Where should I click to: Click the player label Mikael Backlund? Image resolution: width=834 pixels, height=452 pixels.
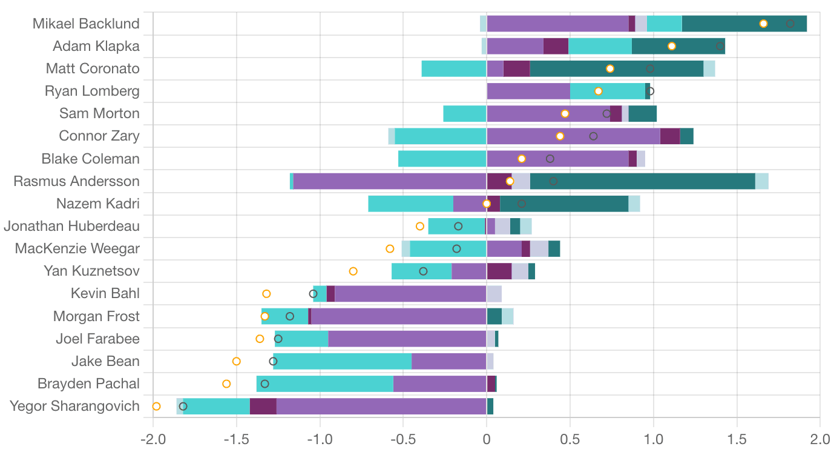point(86,24)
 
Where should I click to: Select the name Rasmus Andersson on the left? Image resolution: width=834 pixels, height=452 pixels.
point(76,181)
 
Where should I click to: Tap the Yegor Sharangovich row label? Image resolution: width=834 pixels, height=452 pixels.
point(74,406)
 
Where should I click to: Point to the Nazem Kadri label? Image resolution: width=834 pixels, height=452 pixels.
point(97,204)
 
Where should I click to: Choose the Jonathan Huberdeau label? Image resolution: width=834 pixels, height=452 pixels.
point(71,227)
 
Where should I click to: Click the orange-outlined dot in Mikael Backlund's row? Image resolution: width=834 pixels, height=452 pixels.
point(763,24)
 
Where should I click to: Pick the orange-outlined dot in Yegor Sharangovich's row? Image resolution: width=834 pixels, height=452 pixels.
point(156,406)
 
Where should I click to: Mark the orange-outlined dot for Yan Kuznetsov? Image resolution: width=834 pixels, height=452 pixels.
point(353,271)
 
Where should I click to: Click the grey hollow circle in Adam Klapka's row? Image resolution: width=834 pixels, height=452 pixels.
point(720,46)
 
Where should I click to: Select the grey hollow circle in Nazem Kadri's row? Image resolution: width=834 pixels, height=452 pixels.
point(522,204)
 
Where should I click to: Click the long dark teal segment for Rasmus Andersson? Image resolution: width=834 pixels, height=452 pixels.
point(642,181)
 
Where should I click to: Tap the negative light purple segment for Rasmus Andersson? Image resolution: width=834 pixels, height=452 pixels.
point(389,181)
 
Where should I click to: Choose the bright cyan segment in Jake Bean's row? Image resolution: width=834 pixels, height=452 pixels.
point(342,361)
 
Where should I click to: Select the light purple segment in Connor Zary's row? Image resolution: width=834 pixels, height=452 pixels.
point(573,136)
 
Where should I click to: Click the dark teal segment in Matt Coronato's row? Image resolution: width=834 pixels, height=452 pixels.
point(616,68)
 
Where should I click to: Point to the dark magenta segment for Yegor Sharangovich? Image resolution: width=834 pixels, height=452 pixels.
point(263,406)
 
